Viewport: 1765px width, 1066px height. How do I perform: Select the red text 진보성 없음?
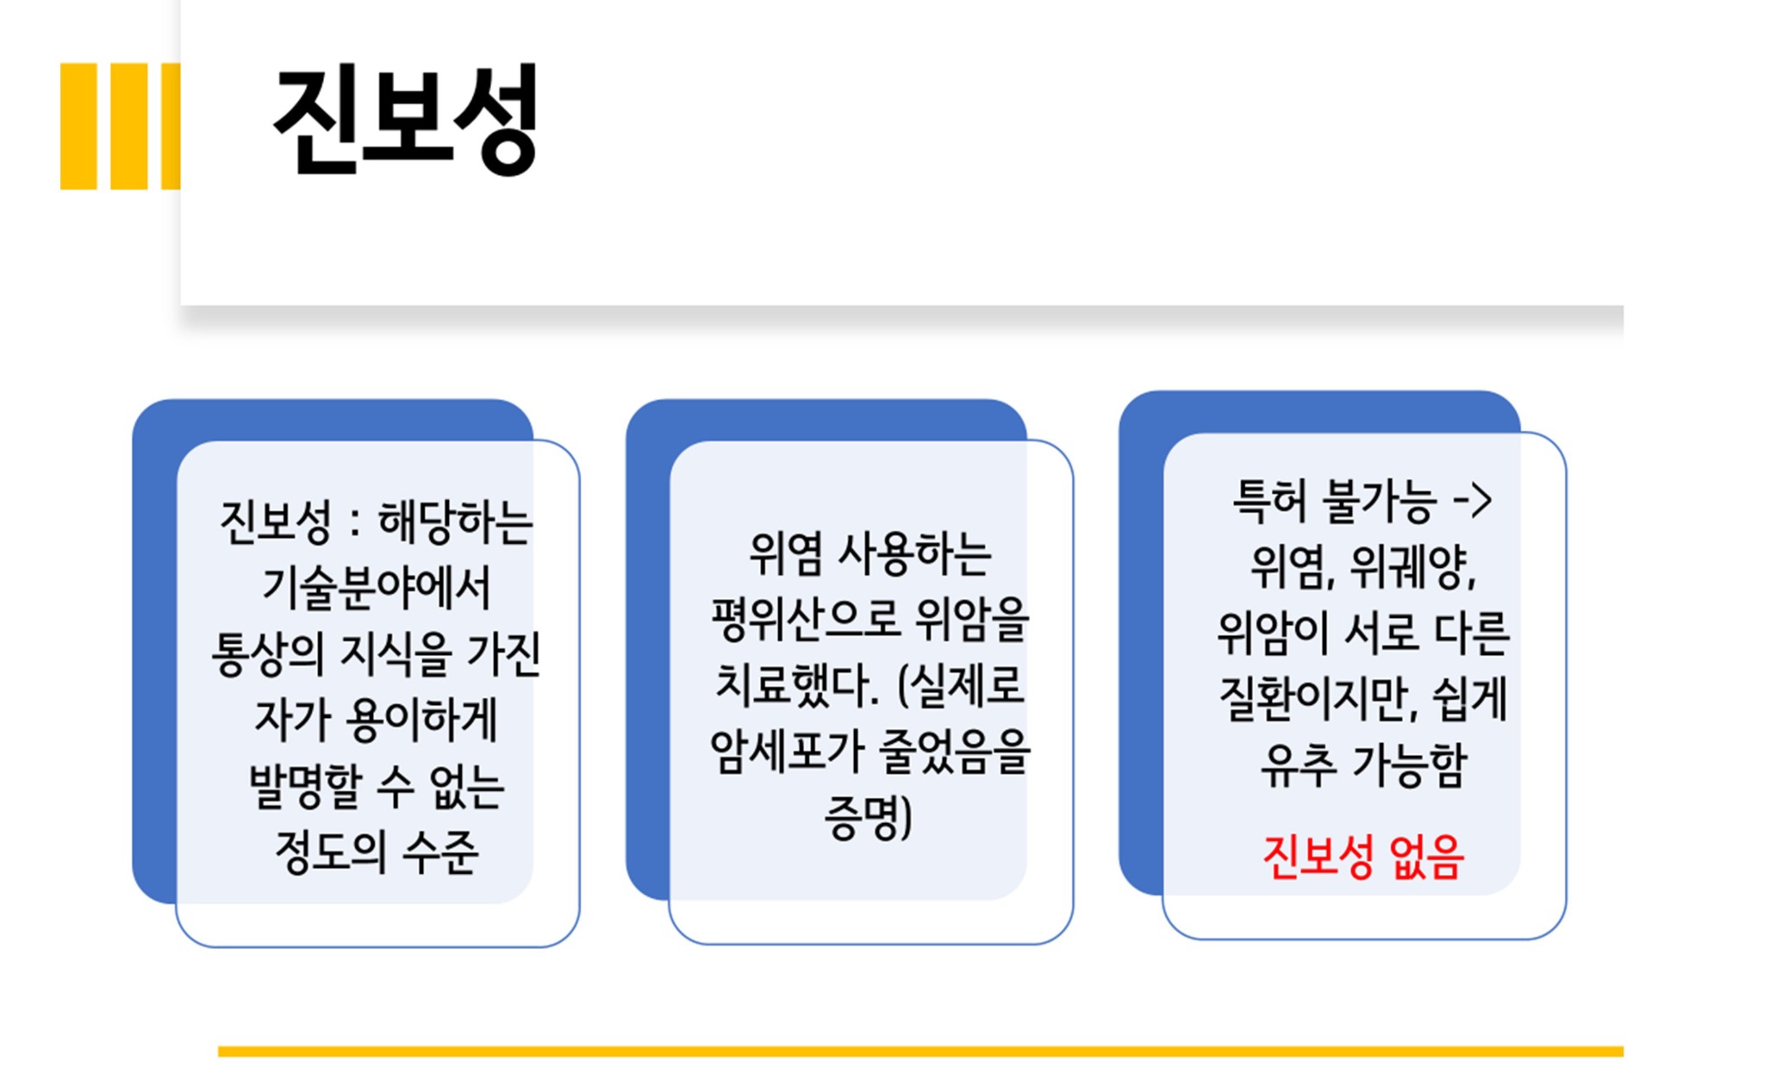tap(1363, 857)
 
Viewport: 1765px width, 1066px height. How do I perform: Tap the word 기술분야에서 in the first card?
tap(377, 589)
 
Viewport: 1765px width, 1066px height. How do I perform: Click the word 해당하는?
tap(456, 522)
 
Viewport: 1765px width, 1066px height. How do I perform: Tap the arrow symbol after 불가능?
tap(1472, 501)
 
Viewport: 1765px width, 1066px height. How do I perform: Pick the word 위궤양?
tap(1413, 567)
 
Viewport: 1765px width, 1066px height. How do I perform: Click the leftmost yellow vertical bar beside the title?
tap(78, 126)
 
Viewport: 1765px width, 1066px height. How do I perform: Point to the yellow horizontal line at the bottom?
tap(920, 1051)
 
